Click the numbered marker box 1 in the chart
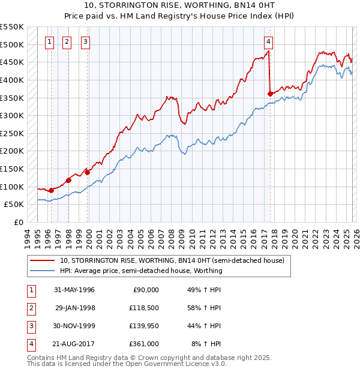pos(49,41)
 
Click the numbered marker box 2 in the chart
pos(66,41)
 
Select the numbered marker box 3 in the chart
pos(85,41)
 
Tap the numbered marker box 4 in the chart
pos(268,41)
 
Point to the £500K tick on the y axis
pos(12,45)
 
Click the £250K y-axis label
pos(12,133)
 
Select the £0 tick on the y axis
pos(18,222)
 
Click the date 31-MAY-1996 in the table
pos(74,290)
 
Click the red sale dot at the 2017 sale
pos(270,94)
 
